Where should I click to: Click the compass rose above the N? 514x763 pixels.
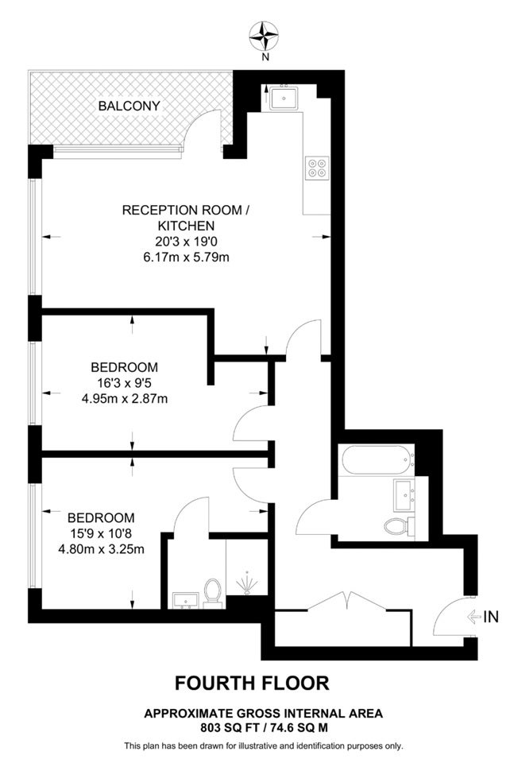(265, 36)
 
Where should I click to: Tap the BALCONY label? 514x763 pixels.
(129, 106)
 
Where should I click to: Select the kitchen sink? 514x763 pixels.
(285, 99)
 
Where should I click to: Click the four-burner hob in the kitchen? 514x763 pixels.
(316, 168)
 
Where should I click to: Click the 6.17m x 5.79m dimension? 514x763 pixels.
(186, 257)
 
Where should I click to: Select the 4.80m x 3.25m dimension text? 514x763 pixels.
(101, 550)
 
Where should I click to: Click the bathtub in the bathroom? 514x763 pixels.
(378, 460)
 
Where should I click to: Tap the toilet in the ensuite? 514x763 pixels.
(212, 593)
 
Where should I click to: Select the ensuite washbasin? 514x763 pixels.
(185, 601)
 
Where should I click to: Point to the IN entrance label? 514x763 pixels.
(491, 617)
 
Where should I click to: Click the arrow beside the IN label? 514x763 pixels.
(473, 617)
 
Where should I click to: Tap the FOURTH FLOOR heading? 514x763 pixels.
(252, 684)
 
